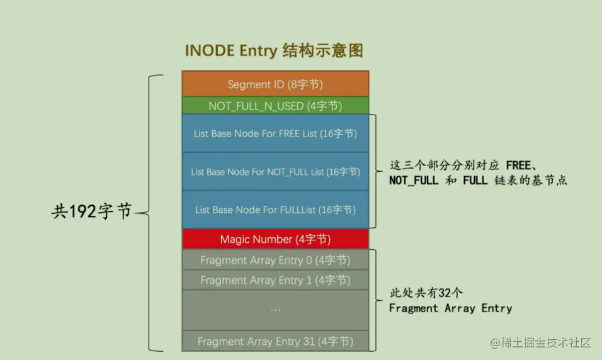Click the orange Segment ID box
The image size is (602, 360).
(x=275, y=84)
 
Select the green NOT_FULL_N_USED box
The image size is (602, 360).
(x=275, y=106)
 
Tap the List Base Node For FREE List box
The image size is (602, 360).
(x=275, y=133)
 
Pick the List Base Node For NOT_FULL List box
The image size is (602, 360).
(x=275, y=171)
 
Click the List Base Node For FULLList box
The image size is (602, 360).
(x=275, y=210)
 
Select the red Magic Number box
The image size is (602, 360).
(x=275, y=239)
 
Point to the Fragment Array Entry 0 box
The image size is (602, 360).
(x=275, y=260)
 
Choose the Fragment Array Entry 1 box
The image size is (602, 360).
(x=275, y=280)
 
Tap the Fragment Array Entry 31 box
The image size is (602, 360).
(x=275, y=341)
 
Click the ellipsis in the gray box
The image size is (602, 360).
(x=275, y=310)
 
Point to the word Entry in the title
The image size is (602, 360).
(x=258, y=51)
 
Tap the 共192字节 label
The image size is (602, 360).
(x=91, y=212)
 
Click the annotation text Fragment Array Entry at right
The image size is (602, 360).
(x=450, y=308)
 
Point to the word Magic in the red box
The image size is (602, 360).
(x=235, y=239)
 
